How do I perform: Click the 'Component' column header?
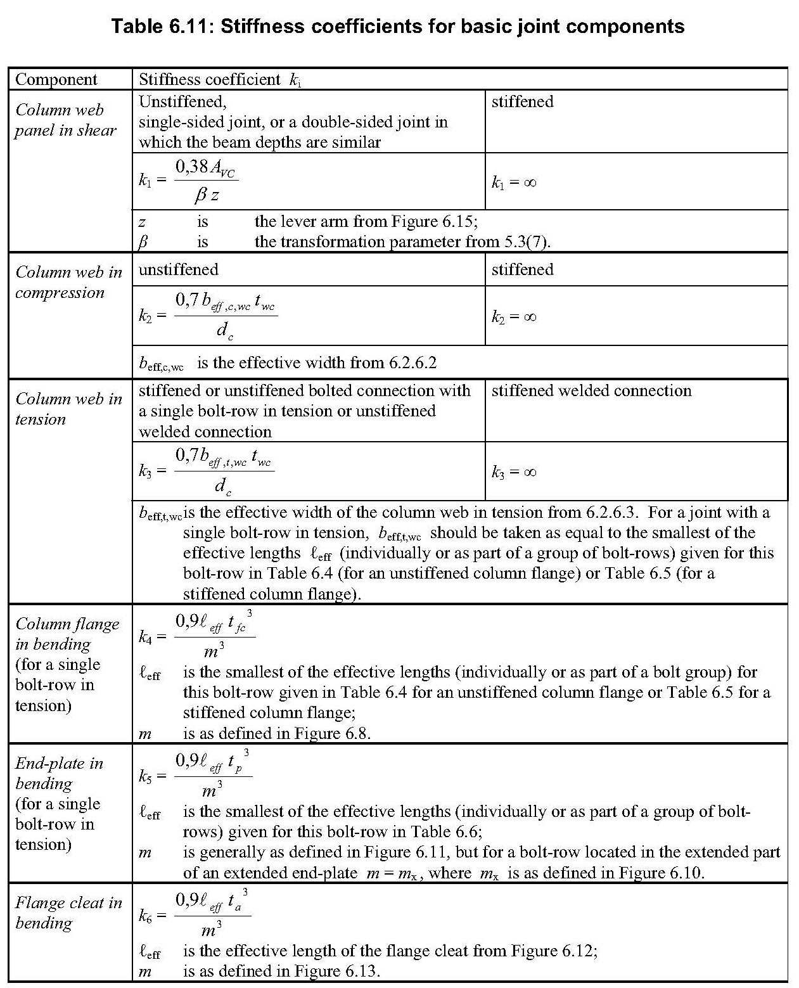(x=56, y=79)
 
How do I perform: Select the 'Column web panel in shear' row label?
(x=66, y=120)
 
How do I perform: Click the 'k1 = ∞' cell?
(x=514, y=183)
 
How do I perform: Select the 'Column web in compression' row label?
(x=68, y=282)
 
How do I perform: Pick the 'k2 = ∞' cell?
(x=514, y=316)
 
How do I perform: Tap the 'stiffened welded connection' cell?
(x=591, y=390)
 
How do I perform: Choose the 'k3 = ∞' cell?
(x=514, y=472)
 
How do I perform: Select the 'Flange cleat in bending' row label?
(x=68, y=913)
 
